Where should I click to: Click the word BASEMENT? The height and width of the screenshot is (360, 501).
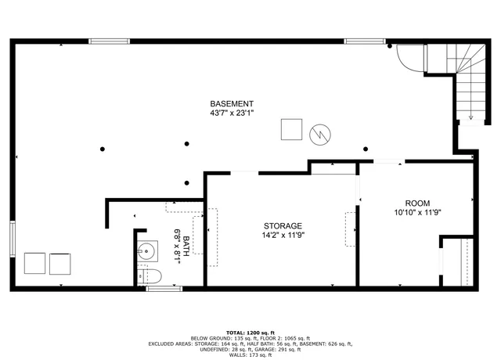pyautogui.click(x=231, y=104)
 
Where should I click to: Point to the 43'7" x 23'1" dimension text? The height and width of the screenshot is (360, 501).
pyautogui.click(x=231, y=113)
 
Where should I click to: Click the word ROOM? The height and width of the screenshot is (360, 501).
pyautogui.click(x=417, y=202)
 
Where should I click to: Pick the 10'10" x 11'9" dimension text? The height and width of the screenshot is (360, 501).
pyautogui.click(x=417, y=211)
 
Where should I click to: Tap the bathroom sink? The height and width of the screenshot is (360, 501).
pyautogui.click(x=146, y=252)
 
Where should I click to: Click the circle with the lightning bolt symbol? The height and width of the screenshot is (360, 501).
pyautogui.click(x=319, y=135)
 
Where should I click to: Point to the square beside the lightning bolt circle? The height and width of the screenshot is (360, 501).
pyautogui.click(x=293, y=129)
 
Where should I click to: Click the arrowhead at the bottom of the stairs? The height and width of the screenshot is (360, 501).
pyautogui.click(x=471, y=118)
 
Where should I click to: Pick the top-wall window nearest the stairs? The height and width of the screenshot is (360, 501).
pyautogui.click(x=363, y=41)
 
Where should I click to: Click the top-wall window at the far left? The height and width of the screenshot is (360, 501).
pyautogui.click(x=109, y=41)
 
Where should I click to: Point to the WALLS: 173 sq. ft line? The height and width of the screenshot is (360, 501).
pyautogui.click(x=250, y=355)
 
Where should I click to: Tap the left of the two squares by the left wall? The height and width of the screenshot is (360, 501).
pyautogui.click(x=34, y=264)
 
